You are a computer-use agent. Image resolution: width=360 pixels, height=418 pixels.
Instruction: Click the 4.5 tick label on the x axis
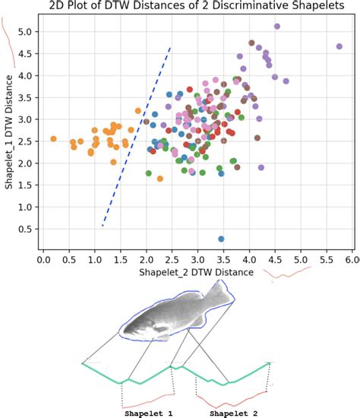[276, 259]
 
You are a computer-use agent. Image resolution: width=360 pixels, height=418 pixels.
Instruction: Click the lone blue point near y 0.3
[221, 239]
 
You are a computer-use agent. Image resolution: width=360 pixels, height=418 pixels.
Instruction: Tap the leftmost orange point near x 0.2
[53, 139]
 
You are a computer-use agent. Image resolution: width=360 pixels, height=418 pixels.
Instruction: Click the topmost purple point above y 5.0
[277, 27]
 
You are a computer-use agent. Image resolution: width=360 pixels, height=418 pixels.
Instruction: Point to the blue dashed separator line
[137, 137]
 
